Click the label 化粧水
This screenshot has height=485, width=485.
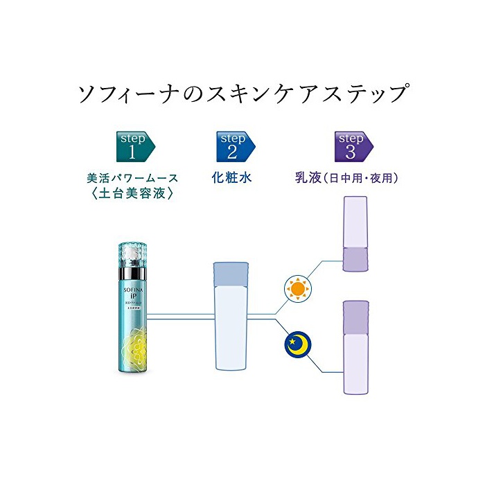[231, 178]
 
